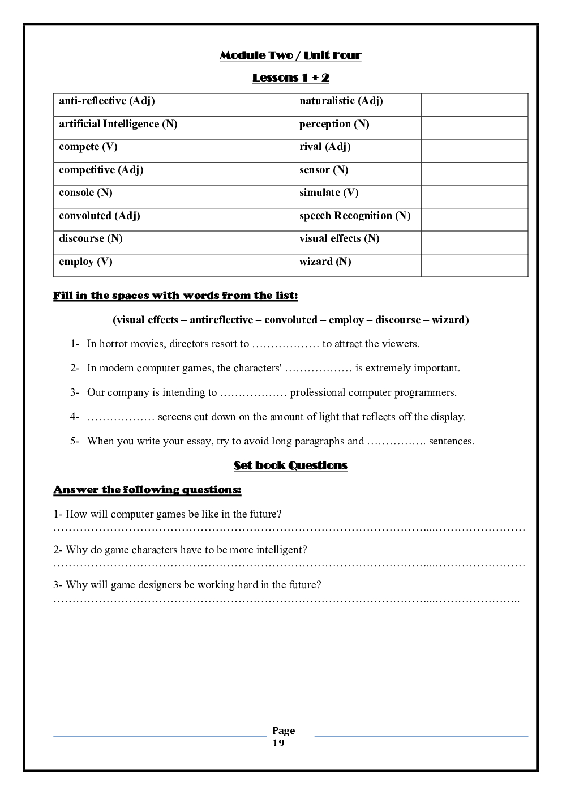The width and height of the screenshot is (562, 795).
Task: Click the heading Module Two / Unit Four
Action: (290, 55)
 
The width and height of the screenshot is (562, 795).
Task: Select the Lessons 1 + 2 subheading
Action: (290, 78)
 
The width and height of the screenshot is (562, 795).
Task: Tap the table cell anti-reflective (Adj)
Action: (107, 101)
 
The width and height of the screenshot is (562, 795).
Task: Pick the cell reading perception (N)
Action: (334, 124)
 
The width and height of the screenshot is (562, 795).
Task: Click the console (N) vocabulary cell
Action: (86, 193)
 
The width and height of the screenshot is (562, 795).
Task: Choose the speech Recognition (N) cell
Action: (355, 216)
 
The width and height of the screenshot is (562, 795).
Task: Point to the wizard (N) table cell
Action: (325, 262)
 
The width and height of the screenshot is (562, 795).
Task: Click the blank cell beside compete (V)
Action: (241, 151)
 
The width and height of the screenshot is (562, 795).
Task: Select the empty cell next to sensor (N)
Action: (474, 173)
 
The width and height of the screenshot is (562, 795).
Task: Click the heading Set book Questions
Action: (290, 465)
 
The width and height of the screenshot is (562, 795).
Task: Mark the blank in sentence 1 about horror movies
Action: (286, 344)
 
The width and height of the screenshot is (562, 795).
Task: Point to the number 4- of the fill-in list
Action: (75, 417)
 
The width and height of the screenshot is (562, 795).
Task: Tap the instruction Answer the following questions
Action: (147, 490)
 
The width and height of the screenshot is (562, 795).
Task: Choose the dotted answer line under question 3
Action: (286, 600)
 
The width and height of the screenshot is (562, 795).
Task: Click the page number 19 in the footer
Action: (278, 743)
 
